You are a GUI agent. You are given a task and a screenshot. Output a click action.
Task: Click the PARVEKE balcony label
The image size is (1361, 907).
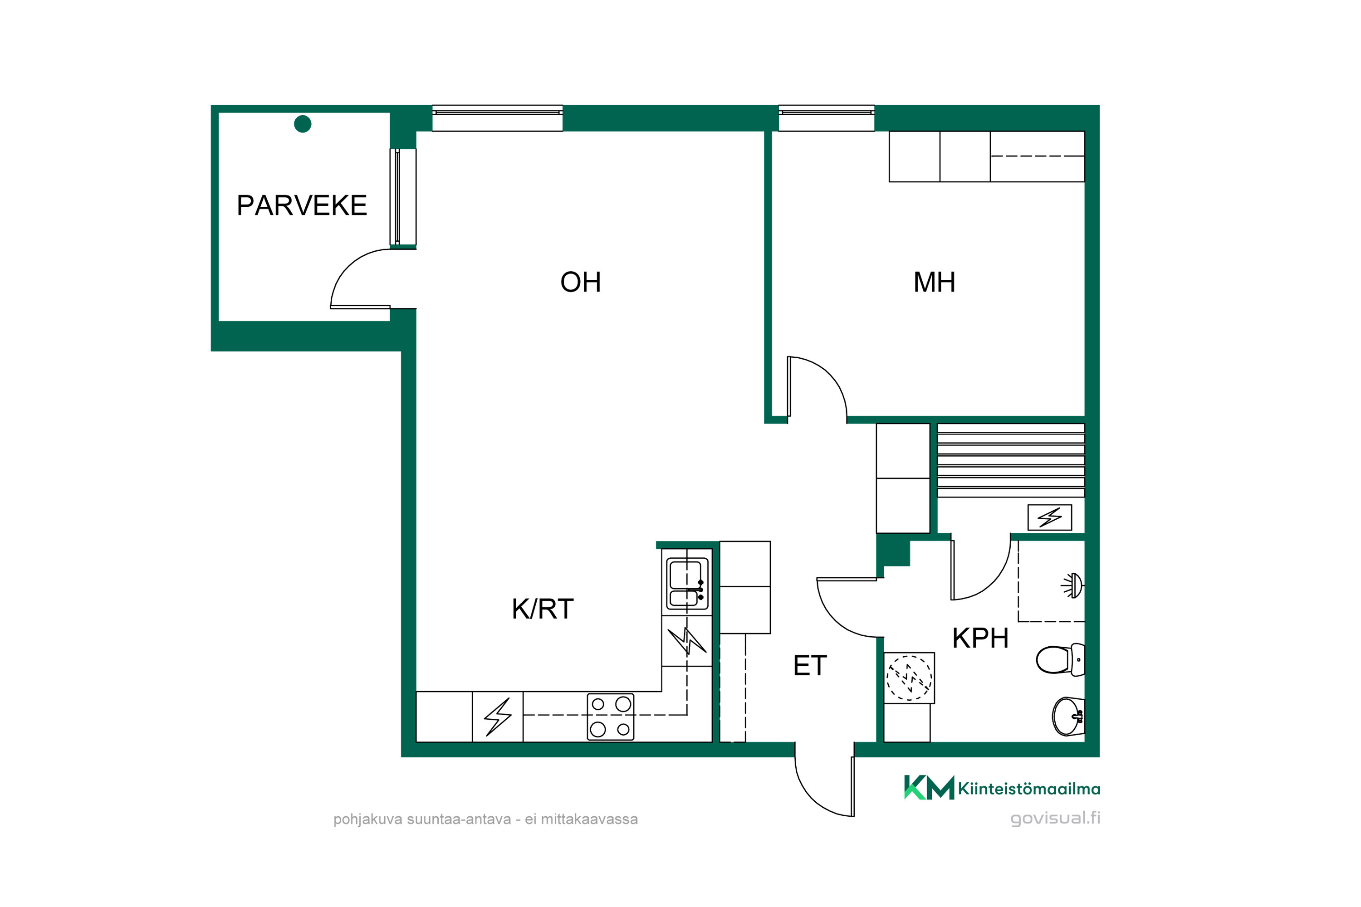(x=302, y=205)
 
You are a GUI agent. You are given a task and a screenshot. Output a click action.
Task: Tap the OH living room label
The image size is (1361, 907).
(x=580, y=282)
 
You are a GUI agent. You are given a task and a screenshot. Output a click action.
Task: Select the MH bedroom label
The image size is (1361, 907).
(x=934, y=282)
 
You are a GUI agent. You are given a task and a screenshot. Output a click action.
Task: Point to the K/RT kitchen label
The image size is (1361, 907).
(x=542, y=609)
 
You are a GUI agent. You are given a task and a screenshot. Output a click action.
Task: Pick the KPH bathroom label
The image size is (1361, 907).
(x=980, y=639)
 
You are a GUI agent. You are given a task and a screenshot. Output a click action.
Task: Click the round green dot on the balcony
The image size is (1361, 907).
(x=303, y=124)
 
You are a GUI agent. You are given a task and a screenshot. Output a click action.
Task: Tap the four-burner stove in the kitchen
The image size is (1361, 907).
(x=611, y=717)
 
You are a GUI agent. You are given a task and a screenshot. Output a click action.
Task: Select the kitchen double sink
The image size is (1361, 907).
(x=687, y=584)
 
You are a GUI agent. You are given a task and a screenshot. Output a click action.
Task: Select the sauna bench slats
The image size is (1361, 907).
(x=1010, y=460)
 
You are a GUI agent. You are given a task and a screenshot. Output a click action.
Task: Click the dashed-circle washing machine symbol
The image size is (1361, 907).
(x=909, y=678)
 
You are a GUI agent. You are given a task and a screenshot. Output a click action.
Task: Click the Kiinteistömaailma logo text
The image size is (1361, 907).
(x=1029, y=789)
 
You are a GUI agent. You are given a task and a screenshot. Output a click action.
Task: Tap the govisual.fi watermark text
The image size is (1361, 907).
(x=1055, y=818)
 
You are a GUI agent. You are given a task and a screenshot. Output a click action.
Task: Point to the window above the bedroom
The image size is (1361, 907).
(x=826, y=118)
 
